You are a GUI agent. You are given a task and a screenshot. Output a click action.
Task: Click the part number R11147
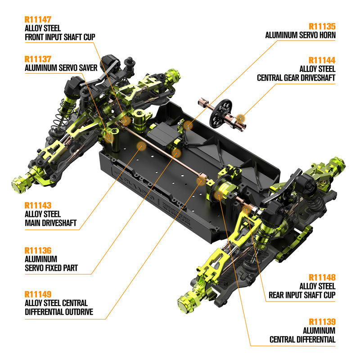pyautogui.click(x=38, y=19)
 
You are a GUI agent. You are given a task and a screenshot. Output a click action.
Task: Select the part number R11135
pyautogui.click(x=322, y=27)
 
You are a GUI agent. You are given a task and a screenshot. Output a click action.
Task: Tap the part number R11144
pyautogui.click(x=322, y=60)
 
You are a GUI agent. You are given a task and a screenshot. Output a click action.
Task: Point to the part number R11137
pyautogui.click(x=38, y=59)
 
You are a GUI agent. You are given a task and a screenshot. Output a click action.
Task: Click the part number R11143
pyautogui.click(x=38, y=206)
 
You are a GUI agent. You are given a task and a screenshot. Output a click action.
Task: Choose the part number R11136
pyautogui.click(x=38, y=250)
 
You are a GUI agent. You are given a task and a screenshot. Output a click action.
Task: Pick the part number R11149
pyautogui.click(x=38, y=294)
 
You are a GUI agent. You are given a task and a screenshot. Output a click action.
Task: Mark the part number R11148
pyautogui.click(x=322, y=277)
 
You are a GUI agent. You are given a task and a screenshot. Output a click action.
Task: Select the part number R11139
pyautogui.click(x=322, y=321)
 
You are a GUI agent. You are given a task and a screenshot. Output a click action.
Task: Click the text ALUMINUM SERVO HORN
pyautogui.click(x=300, y=35)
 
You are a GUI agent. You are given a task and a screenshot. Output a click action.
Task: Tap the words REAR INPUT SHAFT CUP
pyautogui.click(x=302, y=295)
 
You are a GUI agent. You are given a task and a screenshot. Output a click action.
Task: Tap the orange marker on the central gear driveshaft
pyautogui.click(x=241, y=118)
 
